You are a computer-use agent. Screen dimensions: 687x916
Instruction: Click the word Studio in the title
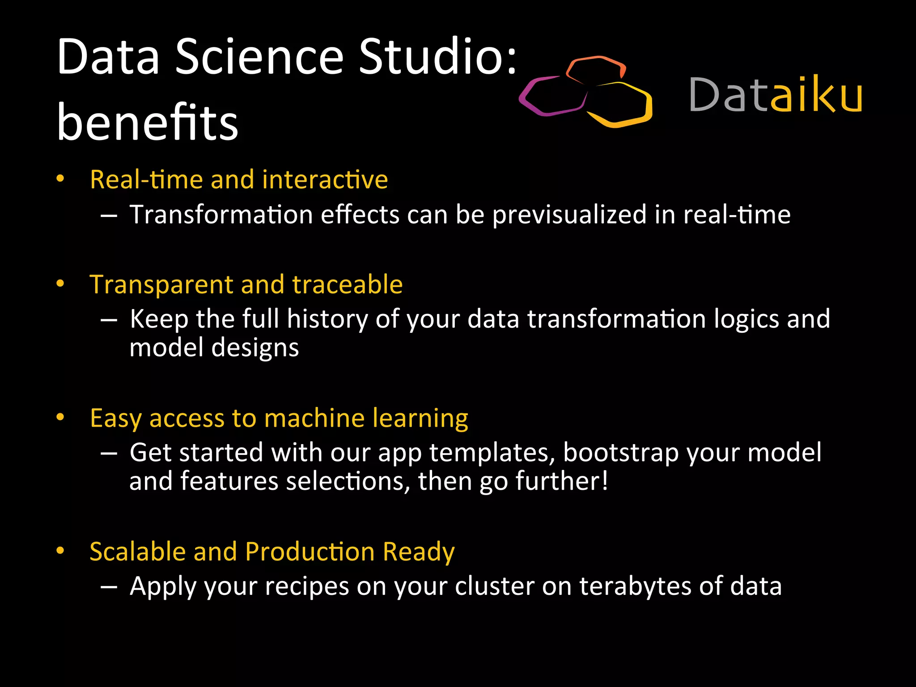(437, 57)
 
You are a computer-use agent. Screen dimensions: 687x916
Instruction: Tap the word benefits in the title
(148, 122)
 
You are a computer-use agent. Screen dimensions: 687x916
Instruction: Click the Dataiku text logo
(776, 95)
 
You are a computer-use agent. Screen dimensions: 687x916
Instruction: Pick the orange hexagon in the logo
(596, 69)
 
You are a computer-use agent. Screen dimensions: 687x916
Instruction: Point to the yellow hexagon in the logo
(619, 105)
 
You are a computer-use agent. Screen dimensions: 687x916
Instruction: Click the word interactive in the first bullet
(325, 179)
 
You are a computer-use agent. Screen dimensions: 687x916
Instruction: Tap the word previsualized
(569, 215)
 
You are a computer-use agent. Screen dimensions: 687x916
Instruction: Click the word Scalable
(137, 551)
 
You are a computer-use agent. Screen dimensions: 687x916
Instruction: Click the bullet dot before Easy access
(60, 417)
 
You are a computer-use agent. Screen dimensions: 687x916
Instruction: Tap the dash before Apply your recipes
(109, 587)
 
